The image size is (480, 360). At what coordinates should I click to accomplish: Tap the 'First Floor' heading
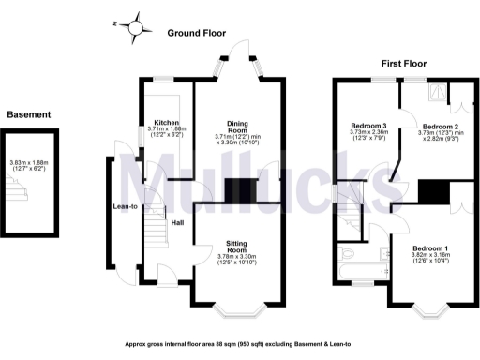coord(403,64)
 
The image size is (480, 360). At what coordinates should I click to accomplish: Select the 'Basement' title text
coord(29,114)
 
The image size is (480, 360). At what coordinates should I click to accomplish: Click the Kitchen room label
coord(167,123)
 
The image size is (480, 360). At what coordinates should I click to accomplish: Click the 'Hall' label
coord(176,223)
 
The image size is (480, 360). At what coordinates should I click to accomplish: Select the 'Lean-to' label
coord(127,207)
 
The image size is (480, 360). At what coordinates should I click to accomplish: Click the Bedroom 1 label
coord(432,247)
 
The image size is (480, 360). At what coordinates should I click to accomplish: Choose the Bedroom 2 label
coord(439,127)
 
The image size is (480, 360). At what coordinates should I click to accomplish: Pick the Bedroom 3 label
coord(368,127)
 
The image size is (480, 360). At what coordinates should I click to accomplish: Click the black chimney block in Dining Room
coord(242,187)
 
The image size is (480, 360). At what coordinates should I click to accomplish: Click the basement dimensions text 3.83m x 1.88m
coord(29,163)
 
